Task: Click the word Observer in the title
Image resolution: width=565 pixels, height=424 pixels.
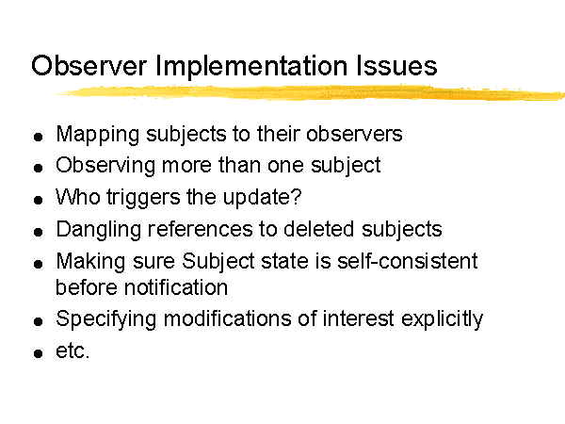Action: (x=89, y=65)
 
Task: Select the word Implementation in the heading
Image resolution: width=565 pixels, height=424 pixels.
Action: (x=251, y=66)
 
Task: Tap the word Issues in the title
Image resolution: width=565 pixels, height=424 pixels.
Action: (x=396, y=65)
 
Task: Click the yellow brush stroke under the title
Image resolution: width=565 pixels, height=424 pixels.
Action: (x=311, y=92)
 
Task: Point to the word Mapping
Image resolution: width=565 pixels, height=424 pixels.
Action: (x=98, y=135)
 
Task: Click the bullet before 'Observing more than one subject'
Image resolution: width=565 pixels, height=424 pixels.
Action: (x=39, y=168)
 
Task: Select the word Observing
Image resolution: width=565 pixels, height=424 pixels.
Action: (x=105, y=166)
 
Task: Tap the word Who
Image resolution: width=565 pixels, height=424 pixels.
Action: (x=78, y=197)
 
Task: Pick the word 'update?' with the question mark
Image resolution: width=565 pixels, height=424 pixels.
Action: (x=262, y=198)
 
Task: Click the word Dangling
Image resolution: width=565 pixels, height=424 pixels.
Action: (x=98, y=230)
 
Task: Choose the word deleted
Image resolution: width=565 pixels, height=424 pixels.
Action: (x=318, y=229)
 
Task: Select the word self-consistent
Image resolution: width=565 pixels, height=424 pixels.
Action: (x=407, y=261)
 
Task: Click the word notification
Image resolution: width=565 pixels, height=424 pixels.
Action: (x=176, y=287)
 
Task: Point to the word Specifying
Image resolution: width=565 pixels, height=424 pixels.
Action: (x=105, y=319)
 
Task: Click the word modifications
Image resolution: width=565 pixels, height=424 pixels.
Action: (x=227, y=318)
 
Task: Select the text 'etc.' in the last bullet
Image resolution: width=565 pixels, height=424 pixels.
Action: (x=73, y=351)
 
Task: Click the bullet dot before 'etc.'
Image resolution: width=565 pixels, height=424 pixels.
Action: (x=39, y=353)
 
